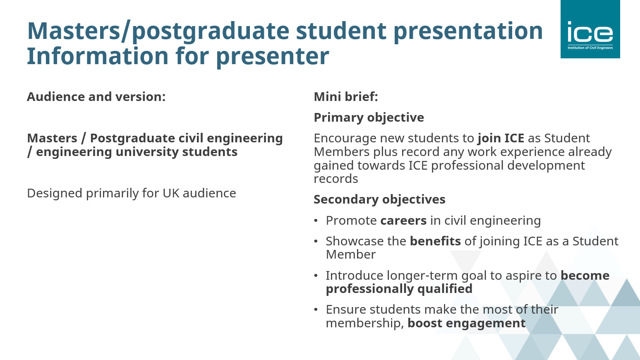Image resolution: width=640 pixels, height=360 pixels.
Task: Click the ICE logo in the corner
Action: point(590,29)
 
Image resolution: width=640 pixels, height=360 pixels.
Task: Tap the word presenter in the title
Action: point(273,57)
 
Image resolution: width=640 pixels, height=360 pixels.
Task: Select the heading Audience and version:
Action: point(96,96)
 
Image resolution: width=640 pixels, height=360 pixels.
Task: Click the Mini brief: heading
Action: point(346,96)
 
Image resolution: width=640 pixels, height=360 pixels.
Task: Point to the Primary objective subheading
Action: point(369,118)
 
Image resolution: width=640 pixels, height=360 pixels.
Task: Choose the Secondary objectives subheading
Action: point(379,199)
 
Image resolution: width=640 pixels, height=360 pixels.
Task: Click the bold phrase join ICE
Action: point(501,138)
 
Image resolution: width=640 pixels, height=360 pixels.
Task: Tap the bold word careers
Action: point(403,221)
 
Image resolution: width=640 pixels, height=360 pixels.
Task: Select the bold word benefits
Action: point(436,241)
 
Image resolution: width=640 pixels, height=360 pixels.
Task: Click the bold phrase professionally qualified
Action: point(399,289)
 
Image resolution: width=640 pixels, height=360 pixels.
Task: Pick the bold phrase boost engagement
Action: point(467,324)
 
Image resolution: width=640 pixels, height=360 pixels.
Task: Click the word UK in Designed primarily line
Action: point(171,193)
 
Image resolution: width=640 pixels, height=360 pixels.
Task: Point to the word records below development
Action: point(336,179)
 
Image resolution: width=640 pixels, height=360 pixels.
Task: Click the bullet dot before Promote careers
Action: point(316,221)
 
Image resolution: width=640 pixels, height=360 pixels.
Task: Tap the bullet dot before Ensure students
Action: point(316,310)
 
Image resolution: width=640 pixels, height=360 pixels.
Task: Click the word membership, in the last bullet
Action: point(365,324)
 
